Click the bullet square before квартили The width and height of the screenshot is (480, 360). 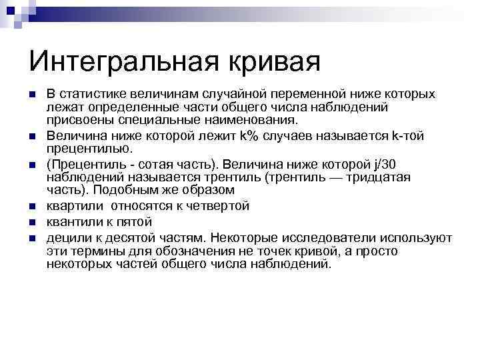tap(31, 207)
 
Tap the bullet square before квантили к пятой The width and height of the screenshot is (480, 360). tap(31, 222)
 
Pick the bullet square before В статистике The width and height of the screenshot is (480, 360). tap(31, 95)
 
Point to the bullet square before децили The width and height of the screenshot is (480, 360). tap(31, 238)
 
